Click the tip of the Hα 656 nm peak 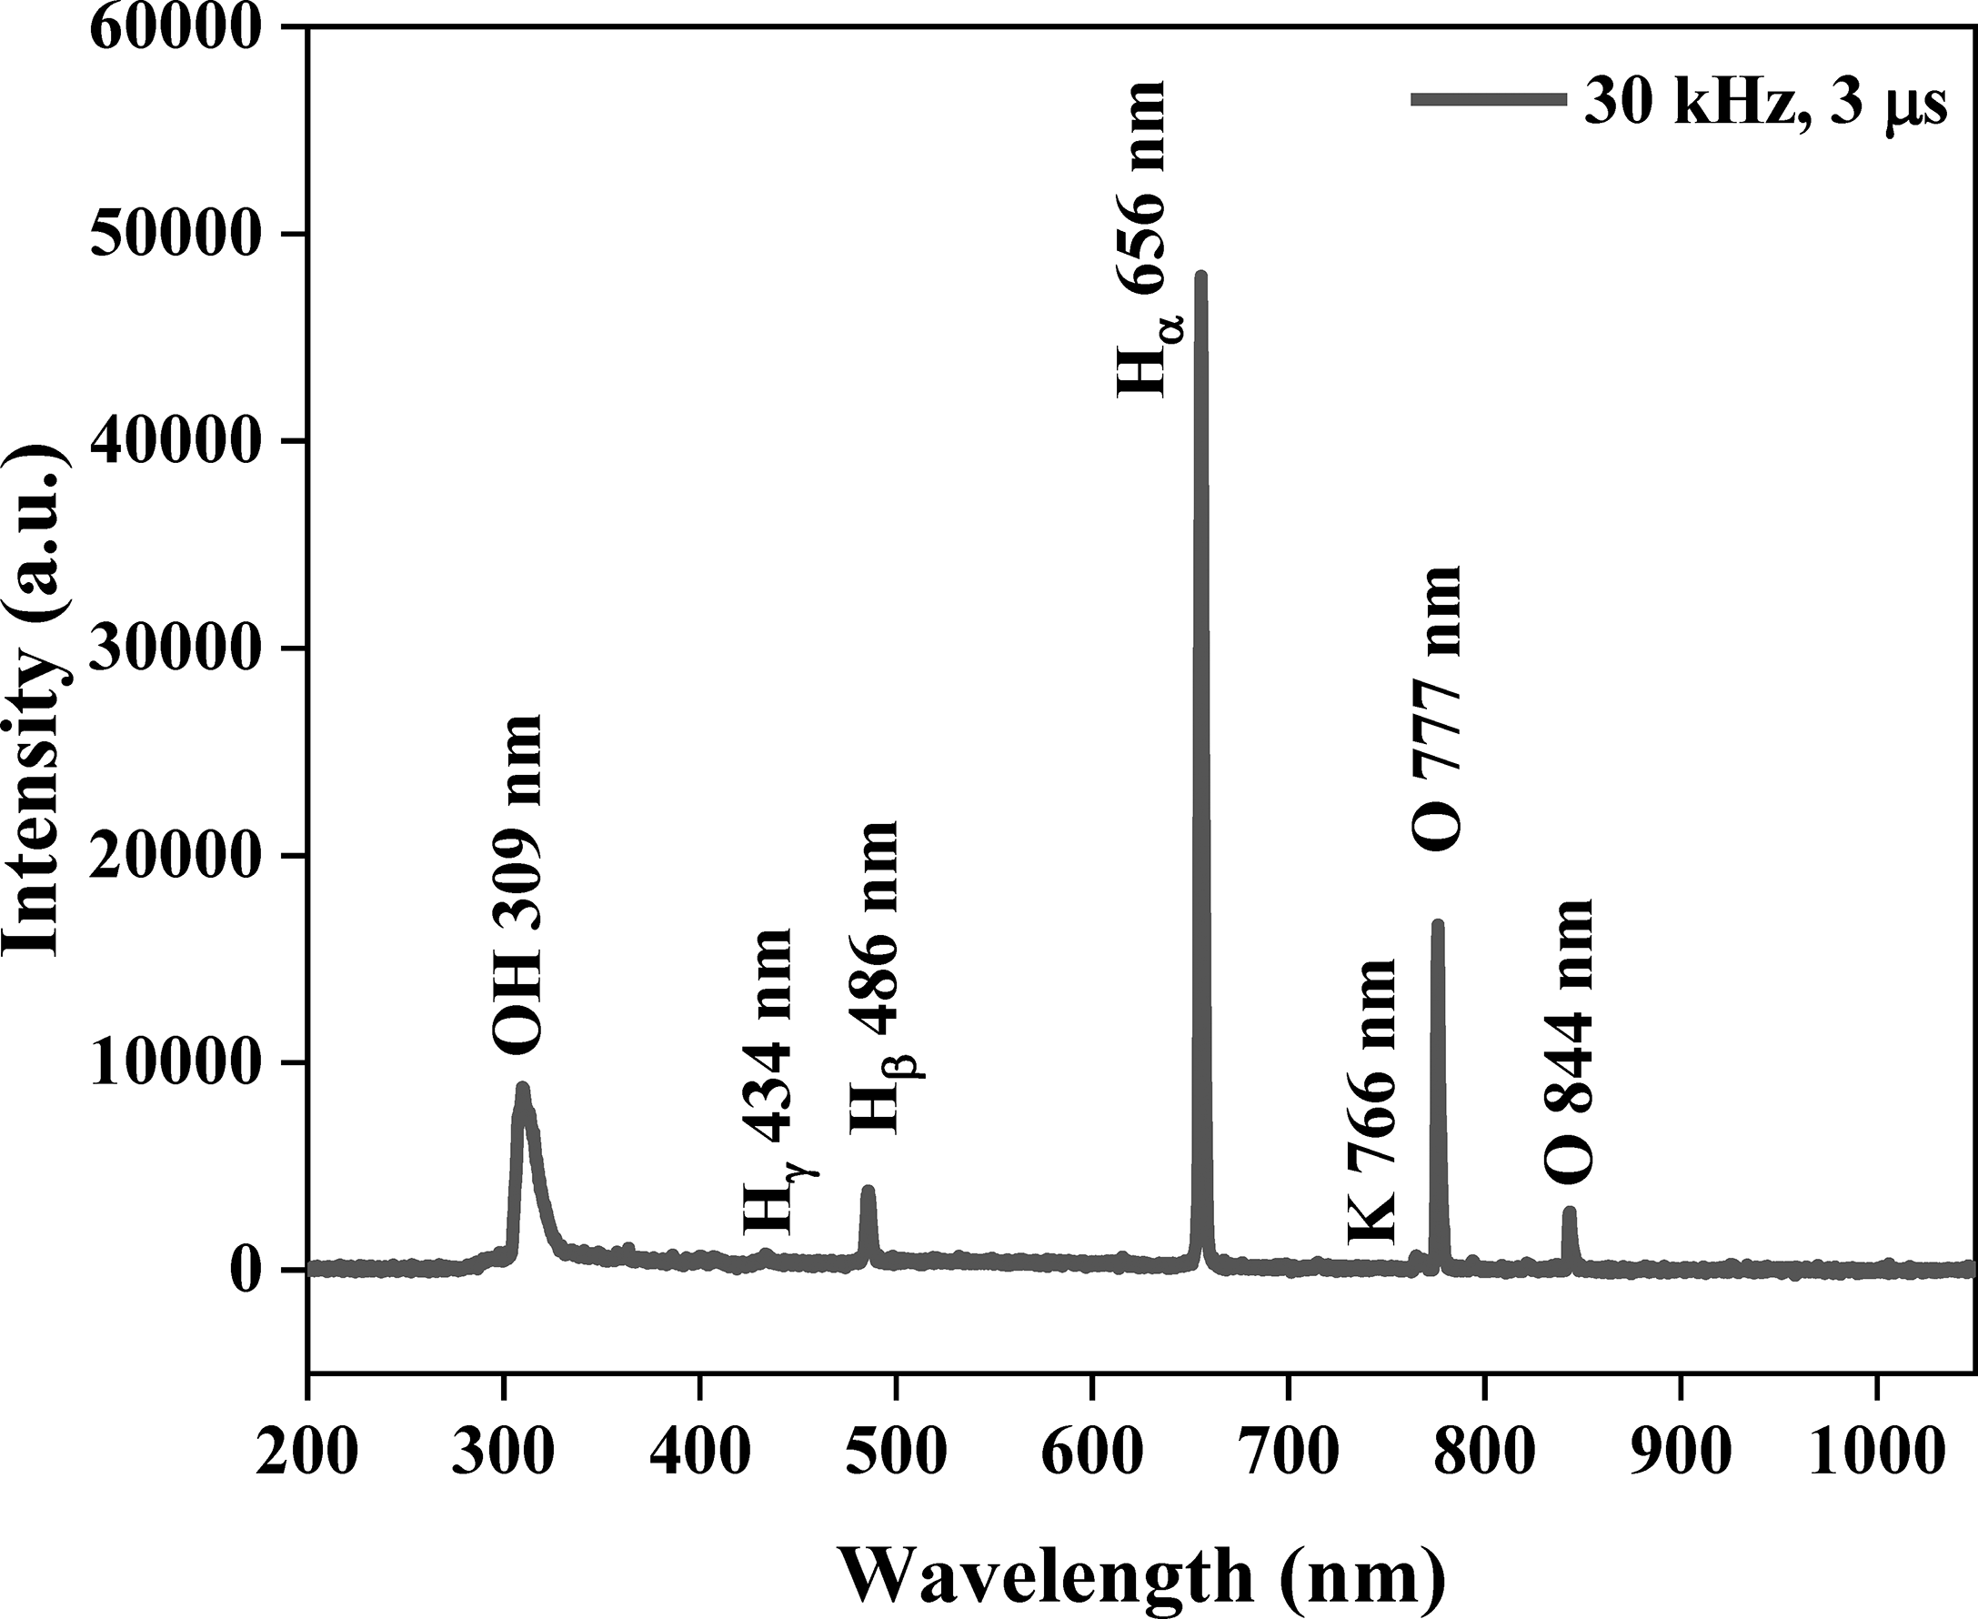tap(1201, 277)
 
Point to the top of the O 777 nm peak tap(1437, 924)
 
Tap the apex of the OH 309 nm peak tap(522, 1087)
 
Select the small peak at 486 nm tap(869, 1190)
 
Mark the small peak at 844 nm tap(1570, 1212)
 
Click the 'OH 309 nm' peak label tap(516, 884)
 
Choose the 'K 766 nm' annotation tap(1371, 1101)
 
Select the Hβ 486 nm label tap(877, 978)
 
